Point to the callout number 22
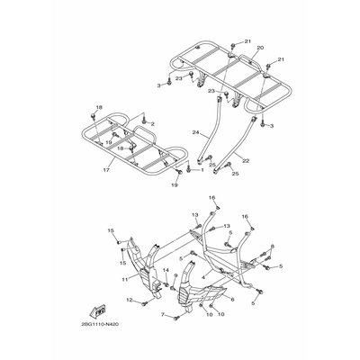click(x=247, y=160)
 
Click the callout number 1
click(x=190, y=169)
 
